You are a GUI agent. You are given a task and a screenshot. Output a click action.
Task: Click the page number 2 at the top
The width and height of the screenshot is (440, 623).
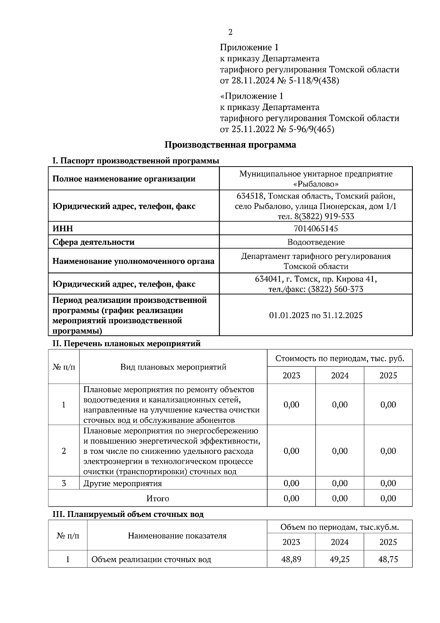tap(230, 32)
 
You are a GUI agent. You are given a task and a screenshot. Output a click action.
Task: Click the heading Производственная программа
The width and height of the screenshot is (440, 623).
tap(230, 145)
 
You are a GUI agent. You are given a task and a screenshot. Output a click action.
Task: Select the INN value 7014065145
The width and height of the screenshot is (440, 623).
tap(316, 229)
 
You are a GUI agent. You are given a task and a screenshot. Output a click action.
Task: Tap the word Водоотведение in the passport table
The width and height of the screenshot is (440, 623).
tap(316, 242)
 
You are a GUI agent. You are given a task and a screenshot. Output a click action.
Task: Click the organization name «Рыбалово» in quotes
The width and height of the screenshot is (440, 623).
tap(316, 184)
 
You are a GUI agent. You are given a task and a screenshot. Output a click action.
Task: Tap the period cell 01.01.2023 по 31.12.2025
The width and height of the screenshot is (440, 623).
tap(316, 315)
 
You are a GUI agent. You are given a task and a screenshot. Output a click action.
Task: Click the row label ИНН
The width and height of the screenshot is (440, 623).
tap(63, 229)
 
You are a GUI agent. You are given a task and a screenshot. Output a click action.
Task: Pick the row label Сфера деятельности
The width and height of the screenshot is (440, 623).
tap(93, 242)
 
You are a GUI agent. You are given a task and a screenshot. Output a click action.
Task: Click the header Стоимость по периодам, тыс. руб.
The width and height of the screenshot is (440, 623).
tap(340, 358)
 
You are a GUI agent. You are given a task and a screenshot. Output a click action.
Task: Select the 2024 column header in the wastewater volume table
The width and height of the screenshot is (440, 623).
tap(340, 542)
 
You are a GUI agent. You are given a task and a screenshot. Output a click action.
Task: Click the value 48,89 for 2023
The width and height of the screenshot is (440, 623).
tap(291, 559)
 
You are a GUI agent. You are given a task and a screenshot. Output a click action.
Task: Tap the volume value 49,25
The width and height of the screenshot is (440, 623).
tap(340, 559)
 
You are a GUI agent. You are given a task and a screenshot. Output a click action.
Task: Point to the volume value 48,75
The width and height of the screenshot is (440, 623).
tap(388, 559)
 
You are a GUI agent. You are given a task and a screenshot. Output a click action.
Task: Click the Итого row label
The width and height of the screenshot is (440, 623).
tap(158, 498)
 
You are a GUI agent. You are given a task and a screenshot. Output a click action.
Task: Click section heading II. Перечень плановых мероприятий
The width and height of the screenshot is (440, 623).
tap(126, 344)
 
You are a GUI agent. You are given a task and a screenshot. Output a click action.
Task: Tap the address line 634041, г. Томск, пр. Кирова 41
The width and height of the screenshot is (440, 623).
tap(316, 279)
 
